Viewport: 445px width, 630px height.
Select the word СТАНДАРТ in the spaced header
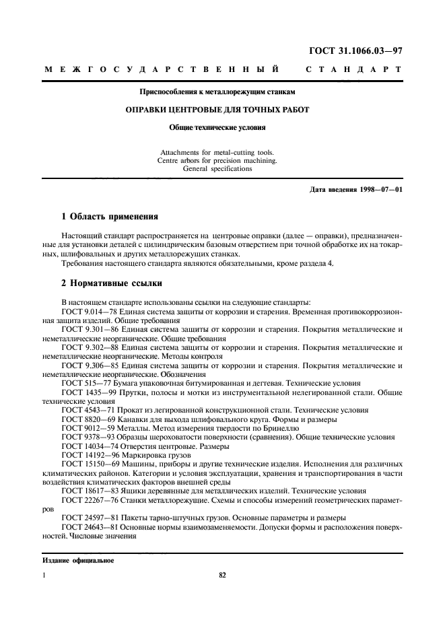pyautogui.click(x=353, y=69)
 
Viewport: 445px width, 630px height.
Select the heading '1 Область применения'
pyautogui.click(x=110, y=217)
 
